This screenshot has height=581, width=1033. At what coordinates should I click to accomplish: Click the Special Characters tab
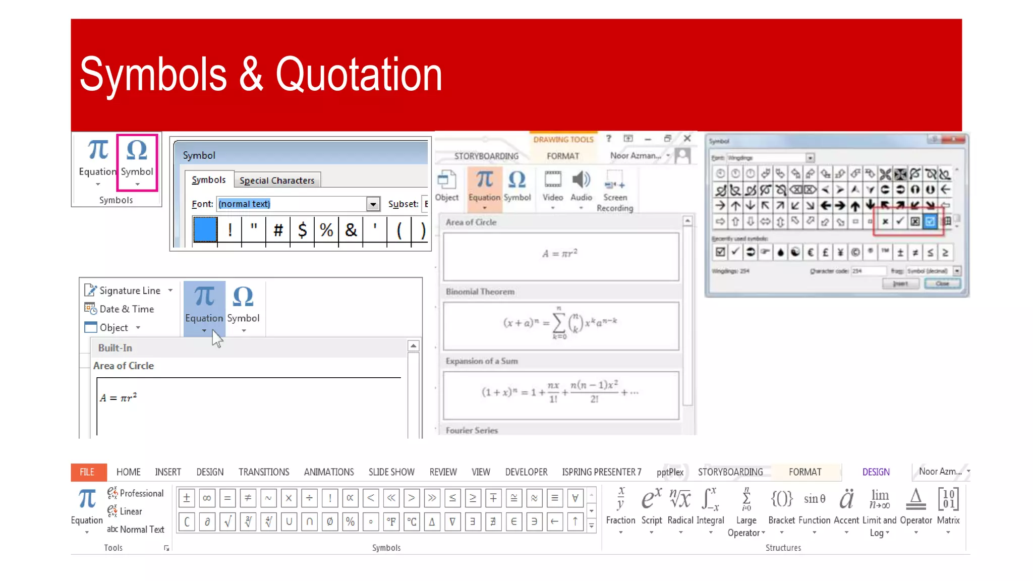[x=277, y=180]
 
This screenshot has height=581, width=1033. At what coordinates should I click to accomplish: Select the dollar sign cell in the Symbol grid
[x=302, y=230]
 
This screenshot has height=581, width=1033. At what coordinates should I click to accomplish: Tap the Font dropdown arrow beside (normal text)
[x=373, y=204]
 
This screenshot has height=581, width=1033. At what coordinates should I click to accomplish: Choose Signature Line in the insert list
[x=129, y=290]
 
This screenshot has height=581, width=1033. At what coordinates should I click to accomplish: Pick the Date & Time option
[x=126, y=309]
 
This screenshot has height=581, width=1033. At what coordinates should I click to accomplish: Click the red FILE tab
[x=87, y=472]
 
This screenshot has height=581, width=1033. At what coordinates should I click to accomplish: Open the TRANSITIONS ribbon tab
[x=264, y=472]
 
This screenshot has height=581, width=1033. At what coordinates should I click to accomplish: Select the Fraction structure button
[x=620, y=509]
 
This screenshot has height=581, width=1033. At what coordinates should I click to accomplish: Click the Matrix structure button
[x=948, y=509]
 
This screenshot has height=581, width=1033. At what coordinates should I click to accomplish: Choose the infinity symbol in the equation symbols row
[x=207, y=498]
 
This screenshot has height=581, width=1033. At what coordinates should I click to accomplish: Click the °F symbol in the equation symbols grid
[x=391, y=521]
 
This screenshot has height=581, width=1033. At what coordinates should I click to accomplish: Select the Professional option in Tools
[x=141, y=493]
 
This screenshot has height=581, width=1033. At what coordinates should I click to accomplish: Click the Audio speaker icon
[x=581, y=180]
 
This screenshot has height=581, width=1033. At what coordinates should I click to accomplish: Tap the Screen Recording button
[x=614, y=192]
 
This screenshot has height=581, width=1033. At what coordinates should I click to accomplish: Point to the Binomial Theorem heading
[x=480, y=292]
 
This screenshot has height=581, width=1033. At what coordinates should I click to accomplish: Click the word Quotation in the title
[x=359, y=75]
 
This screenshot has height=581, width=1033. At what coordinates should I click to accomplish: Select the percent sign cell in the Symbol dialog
[x=326, y=230]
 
